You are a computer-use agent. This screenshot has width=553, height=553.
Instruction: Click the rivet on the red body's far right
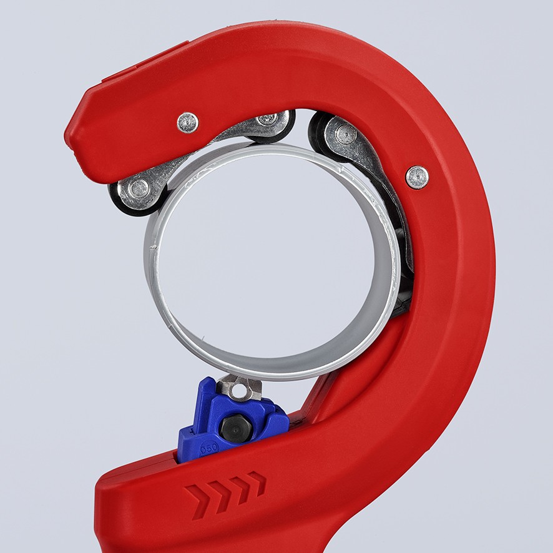pos(417,177)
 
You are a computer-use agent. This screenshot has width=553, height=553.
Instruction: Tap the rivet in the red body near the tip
pos(187,122)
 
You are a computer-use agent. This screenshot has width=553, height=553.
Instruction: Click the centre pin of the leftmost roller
pos(139,187)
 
